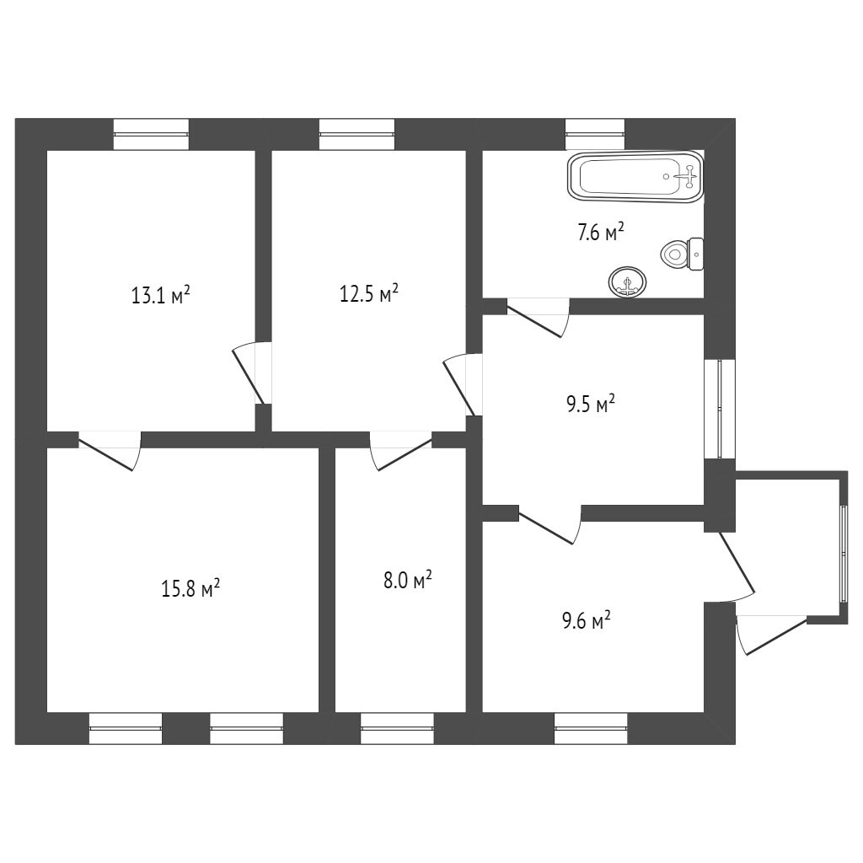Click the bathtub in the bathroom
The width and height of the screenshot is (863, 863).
pyautogui.click(x=636, y=177)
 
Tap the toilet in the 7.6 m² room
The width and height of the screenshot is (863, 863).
pyautogui.click(x=683, y=253)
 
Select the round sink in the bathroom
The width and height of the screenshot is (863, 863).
pyautogui.click(x=626, y=281)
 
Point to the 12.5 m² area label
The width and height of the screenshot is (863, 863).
pyautogui.click(x=368, y=294)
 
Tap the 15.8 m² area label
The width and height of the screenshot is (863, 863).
pyautogui.click(x=190, y=587)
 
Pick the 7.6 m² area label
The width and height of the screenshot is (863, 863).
pyautogui.click(x=600, y=233)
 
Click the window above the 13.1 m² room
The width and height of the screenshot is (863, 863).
pyautogui.click(x=151, y=134)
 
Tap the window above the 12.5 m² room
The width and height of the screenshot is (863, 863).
pyautogui.click(x=356, y=134)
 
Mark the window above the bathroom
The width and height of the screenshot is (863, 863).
pyautogui.click(x=595, y=134)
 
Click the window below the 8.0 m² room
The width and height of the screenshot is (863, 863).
pyautogui.click(x=397, y=728)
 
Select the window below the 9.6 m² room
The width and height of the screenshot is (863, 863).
pyautogui.click(x=591, y=728)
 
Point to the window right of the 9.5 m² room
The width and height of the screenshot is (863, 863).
pyautogui.click(x=720, y=409)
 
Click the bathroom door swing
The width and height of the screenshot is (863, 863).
pyautogui.click(x=539, y=316)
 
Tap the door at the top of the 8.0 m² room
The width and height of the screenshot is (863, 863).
pyautogui.click(x=400, y=450)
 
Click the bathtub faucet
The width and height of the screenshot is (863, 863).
pyautogui.click(x=689, y=176)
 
